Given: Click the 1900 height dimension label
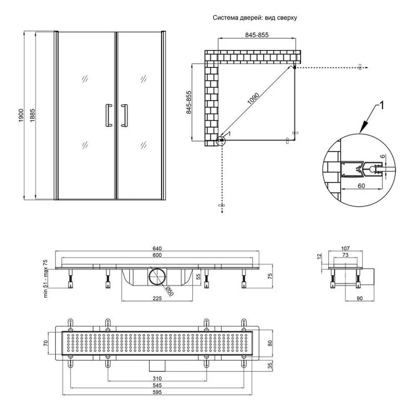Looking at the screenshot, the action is [x=21, y=116].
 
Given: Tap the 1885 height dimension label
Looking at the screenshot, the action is [x=32, y=116].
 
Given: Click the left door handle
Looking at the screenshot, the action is [x=108, y=116].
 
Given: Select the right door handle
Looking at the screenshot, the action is [x=124, y=116].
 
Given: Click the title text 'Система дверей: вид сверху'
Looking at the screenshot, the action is [x=254, y=18].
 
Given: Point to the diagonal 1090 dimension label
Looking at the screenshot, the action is [x=253, y=98].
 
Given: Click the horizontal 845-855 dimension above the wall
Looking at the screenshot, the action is [x=256, y=35].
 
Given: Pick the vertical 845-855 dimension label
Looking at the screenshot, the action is [x=189, y=103].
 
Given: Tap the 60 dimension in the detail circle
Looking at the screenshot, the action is [x=361, y=186].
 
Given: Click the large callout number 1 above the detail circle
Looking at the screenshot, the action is [x=381, y=106].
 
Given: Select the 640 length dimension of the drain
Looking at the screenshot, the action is [x=157, y=249].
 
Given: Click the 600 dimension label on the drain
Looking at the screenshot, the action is [x=157, y=255].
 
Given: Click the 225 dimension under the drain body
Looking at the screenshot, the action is [x=157, y=299].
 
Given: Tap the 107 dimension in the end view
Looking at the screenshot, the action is [x=345, y=249].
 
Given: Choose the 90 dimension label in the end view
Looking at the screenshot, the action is [x=359, y=299].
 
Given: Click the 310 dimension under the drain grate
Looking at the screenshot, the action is [x=157, y=378].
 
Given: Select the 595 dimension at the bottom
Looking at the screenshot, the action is [x=157, y=392].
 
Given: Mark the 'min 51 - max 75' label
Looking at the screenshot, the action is [x=45, y=279].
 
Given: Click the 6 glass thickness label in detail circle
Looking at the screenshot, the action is [x=382, y=156].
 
